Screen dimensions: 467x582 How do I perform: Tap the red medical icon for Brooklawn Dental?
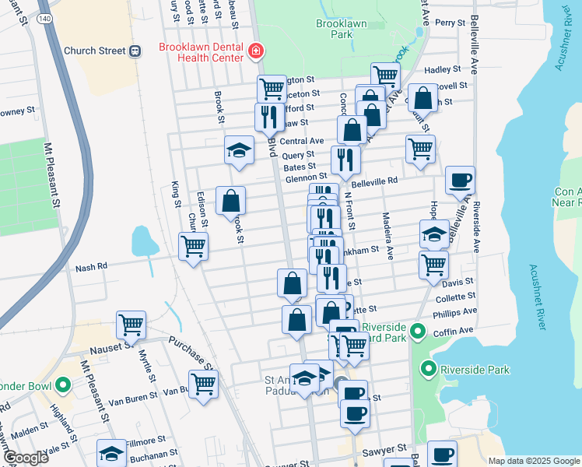[254, 52]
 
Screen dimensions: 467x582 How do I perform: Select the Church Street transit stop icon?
[135, 51]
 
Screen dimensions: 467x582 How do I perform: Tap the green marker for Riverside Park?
[427, 368]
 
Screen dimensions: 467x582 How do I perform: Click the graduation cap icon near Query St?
[239, 150]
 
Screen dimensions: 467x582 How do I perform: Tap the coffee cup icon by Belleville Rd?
[459, 180]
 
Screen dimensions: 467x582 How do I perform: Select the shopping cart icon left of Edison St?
[193, 247]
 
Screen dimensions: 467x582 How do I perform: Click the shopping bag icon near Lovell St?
[422, 99]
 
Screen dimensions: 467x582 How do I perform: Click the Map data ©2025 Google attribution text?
[534, 461]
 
